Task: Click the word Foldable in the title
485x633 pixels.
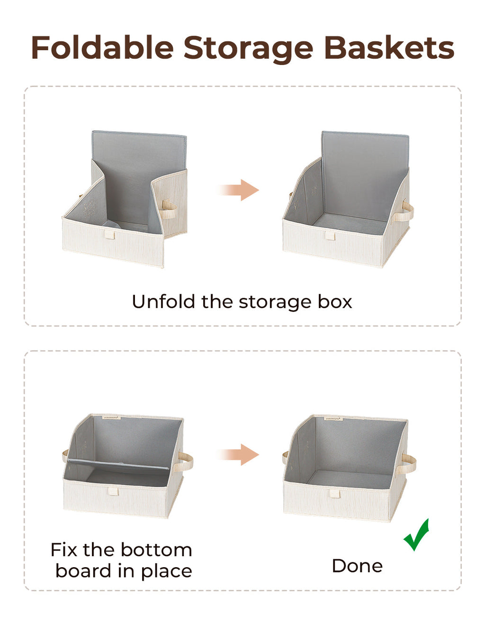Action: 102,48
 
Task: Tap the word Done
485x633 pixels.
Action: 357,566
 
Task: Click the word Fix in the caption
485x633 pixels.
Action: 63,550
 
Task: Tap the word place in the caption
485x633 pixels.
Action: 166,571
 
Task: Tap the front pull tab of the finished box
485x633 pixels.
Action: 335,493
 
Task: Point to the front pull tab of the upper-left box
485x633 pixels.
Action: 109,235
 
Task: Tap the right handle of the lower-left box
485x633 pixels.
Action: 185,461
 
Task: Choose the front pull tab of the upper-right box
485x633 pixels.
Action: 330,235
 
